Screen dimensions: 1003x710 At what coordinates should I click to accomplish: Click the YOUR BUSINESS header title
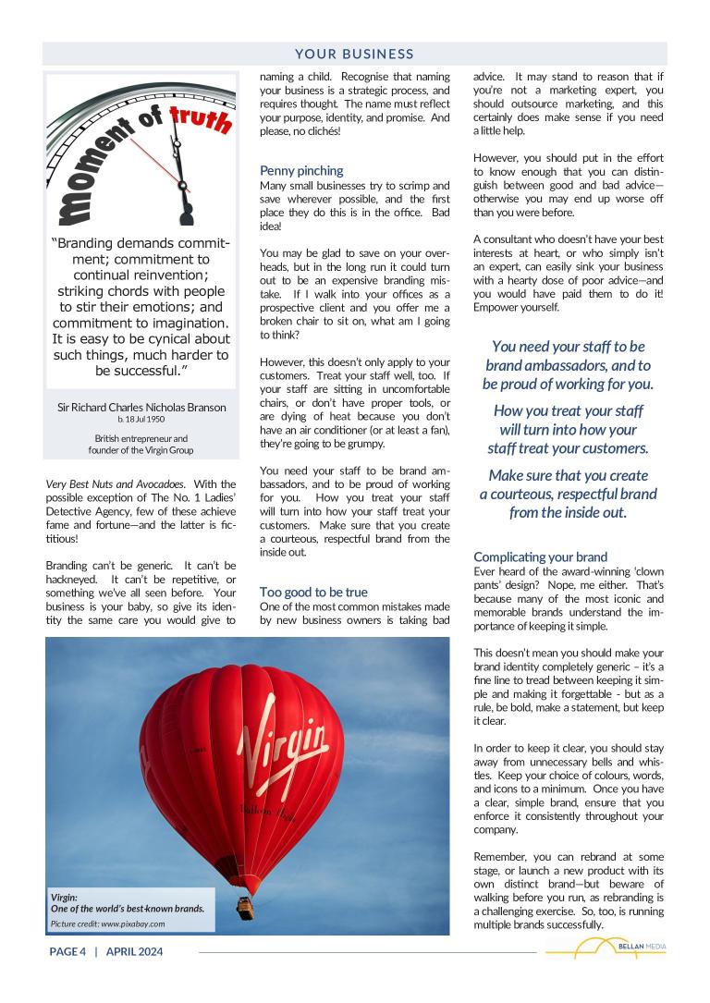355,55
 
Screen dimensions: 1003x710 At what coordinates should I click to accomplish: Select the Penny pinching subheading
301,171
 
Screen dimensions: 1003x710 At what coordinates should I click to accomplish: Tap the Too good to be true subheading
313,592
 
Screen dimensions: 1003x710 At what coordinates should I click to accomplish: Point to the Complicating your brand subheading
541,557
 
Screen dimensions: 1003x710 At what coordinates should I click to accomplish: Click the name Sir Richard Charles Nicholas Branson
141,407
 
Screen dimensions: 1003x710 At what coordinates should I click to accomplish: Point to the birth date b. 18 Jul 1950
141,420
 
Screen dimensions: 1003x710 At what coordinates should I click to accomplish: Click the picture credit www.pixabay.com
108,923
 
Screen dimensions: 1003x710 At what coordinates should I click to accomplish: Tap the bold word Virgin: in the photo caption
65,897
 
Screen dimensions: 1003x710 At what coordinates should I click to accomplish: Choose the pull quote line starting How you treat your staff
568,411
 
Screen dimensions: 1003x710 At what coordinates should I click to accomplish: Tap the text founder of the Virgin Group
141,450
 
